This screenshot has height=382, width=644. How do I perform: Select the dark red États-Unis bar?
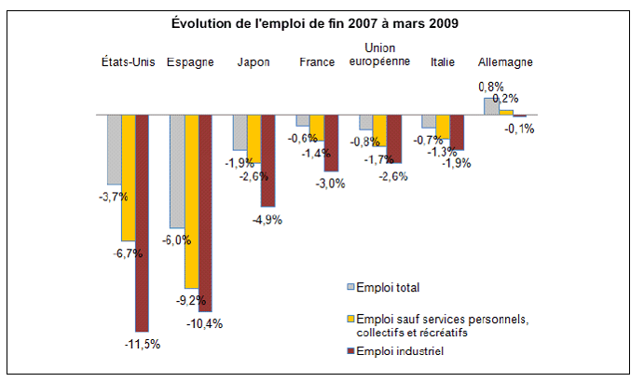tap(142, 224)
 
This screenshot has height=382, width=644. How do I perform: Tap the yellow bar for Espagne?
tap(191, 201)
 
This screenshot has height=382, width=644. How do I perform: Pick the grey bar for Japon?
tap(240, 133)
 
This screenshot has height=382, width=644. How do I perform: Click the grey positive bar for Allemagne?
tap(492, 106)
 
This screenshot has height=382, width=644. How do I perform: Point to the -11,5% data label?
tap(142, 344)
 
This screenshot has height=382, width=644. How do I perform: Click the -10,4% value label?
tap(205, 323)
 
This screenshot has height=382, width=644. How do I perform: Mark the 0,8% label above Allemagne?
tap(491, 87)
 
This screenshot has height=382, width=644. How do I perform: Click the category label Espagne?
tap(190, 62)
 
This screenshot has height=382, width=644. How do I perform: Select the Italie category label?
tap(443, 62)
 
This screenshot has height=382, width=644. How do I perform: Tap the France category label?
tap(316, 62)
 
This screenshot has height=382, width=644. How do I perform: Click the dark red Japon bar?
tap(267, 161)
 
